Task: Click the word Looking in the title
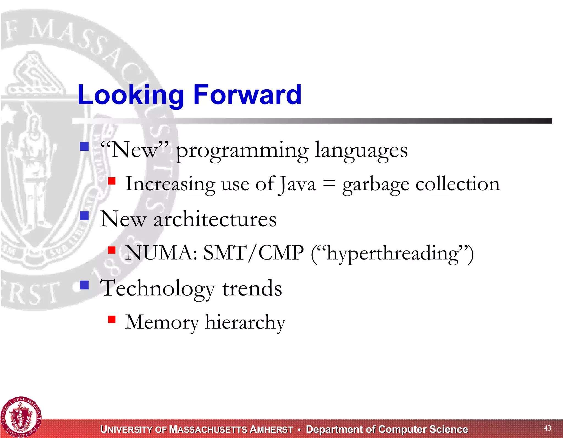click(131, 95)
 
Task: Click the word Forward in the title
click(247, 95)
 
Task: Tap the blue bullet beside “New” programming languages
click(84, 146)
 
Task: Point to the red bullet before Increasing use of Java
click(112, 181)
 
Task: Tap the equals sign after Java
click(329, 184)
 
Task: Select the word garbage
click(376, 184)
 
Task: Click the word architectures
click(215, 219)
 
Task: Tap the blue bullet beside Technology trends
click(84, 285)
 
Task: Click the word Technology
click(157, 289)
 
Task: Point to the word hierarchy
click(245, 322)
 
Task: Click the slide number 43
click(547, 428)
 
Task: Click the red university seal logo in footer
click(21, 417)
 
